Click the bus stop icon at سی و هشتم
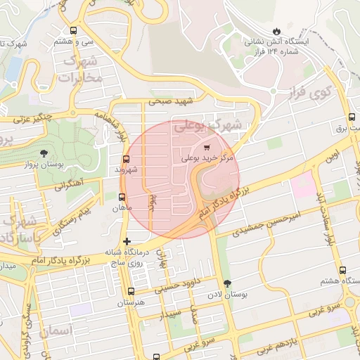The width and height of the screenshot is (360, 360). coord(74,30)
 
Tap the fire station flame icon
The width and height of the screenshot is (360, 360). coord(277,31)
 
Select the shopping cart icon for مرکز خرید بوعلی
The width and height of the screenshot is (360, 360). coord(206,148)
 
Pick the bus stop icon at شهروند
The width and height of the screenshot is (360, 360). coord(126,159)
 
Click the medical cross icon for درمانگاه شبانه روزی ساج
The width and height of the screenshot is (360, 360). coord(127,242)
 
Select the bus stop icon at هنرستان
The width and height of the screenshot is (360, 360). coord(131,291)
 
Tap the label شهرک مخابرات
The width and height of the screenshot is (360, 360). coord(82,70)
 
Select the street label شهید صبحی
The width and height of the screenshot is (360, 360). coord(169,102)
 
